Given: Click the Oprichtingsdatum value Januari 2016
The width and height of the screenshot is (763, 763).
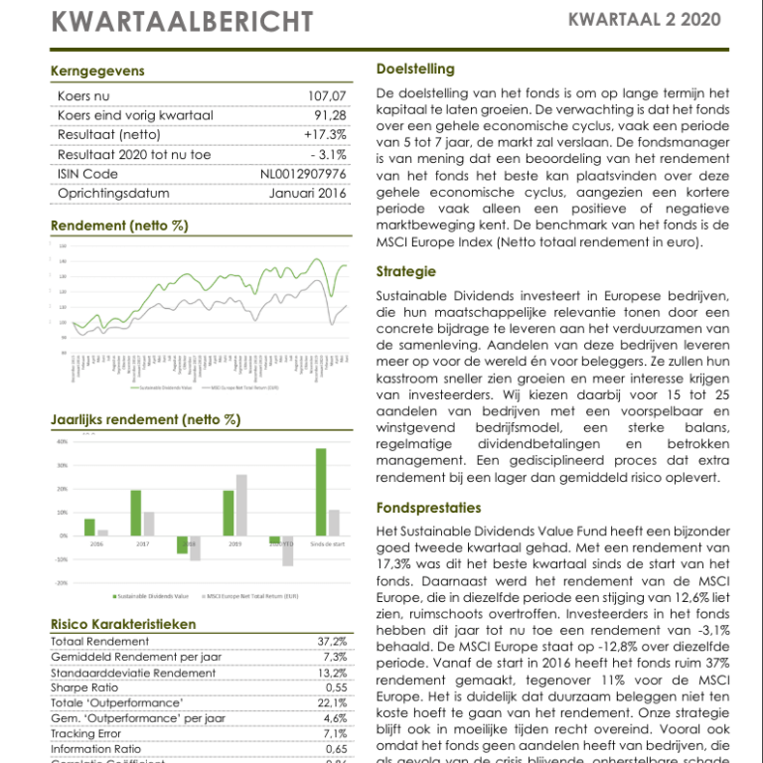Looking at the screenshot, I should (x=308, y=193).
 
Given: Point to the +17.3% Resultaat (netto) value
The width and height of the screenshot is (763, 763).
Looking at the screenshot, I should (x=325, y=135).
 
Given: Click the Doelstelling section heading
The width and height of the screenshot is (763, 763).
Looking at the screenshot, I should (x=415, y=69).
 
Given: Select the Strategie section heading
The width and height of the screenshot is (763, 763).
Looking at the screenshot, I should (x=406, y=271).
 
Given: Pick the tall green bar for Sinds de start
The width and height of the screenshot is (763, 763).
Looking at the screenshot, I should (x=321, y=492).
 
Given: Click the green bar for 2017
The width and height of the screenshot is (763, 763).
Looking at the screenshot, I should (x=135, y=513).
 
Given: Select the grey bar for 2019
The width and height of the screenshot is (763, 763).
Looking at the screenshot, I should (x=241, y=505).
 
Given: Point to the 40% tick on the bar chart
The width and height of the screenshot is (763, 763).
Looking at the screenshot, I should (x=62, y=441).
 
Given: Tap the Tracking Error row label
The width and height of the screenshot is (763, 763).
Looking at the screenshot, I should (x=88, y=733).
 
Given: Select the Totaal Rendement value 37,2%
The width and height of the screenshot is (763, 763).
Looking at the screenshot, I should (x=332, y=642).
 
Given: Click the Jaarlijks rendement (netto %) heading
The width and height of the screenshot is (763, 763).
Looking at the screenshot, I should (x=145, y=420).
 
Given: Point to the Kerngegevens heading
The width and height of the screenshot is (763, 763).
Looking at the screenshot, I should (x=96, y=71).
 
